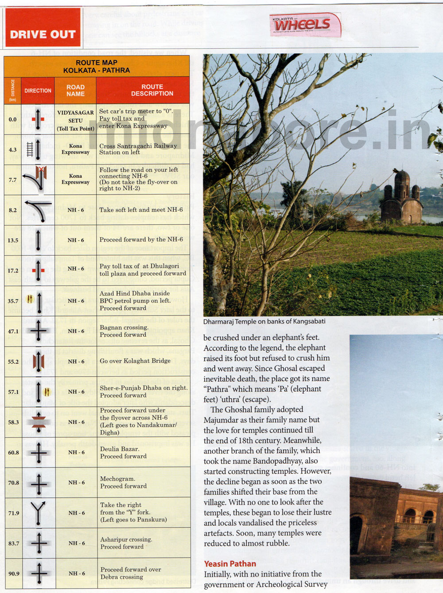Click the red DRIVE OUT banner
click(x=43, y=27)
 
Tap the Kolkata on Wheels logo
click(x=305, y=24)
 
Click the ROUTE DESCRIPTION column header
click(x=152, y=90)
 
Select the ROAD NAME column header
click(x=75, y=90)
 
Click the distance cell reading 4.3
click(x=13, y=150)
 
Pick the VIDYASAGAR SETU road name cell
click(x=75, y=120)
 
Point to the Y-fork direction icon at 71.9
click(x=39, y=513)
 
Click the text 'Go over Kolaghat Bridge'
click(x=135, y=361)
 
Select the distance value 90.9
click(x=14, y=574)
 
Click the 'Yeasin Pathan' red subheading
click(x=230, y=564)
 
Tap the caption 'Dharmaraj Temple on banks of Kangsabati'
click(x=264, y=322)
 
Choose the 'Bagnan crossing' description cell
click(x=124, y=331)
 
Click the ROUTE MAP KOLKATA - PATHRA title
click(x=97, y=66)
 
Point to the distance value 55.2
click(x=13, y=362)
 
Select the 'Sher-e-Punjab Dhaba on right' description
click(x=143, y=391)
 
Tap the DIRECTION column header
click(x=38, y=90)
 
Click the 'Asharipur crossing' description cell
click(x=126, y=543)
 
